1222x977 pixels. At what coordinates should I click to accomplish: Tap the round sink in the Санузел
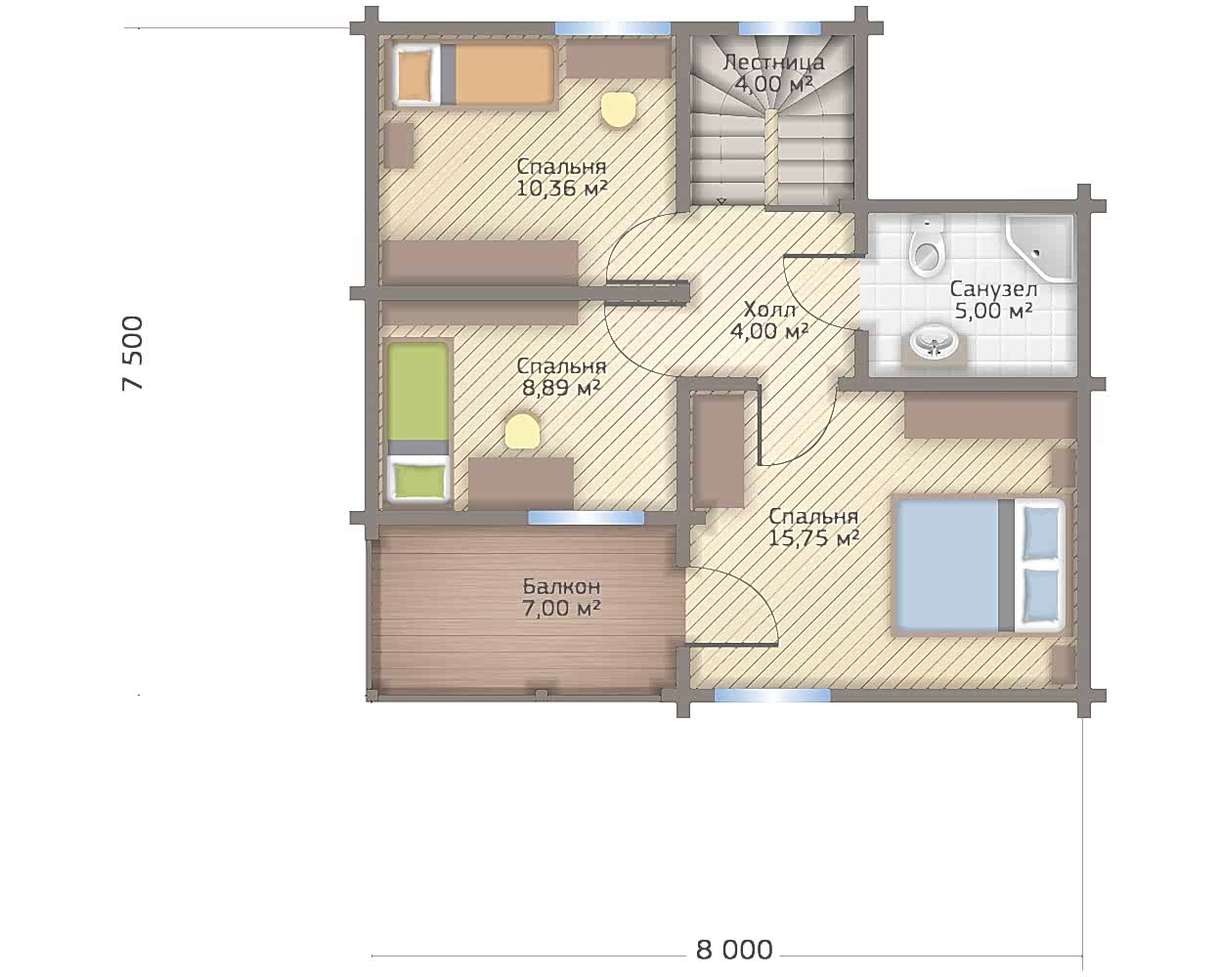[x=934, y=342]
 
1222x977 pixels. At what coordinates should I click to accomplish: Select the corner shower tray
[x=1040, y=247]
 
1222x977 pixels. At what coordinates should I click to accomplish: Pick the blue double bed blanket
[x=946, y=565]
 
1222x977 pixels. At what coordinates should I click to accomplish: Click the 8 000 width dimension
[x=734, y=950]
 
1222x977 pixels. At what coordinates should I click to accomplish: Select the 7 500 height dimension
[x=133, y=353]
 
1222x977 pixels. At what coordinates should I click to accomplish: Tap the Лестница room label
[x=773, y=62]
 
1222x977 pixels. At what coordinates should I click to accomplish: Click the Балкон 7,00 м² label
[x=561, y=597]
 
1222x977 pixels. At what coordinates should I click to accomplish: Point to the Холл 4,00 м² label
[x=769, y=320]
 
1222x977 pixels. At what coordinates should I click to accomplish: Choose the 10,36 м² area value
[x=561, y=188]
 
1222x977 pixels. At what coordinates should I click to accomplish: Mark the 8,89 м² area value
[x=561, y=388]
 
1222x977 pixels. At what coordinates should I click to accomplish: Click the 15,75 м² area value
[x=813, y=537]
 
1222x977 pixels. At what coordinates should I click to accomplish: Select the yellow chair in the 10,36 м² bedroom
[x=617, y=109]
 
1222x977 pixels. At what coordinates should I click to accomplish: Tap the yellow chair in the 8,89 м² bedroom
[x=522, y=431]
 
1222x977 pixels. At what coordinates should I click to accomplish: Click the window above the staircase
[x=779, y=27]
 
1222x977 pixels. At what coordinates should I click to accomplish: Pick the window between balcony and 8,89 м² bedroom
[x=586, y=517]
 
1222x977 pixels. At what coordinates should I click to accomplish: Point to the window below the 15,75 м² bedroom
[x=772, y=696]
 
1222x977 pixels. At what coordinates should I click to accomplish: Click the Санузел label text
[x=993, y=289]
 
